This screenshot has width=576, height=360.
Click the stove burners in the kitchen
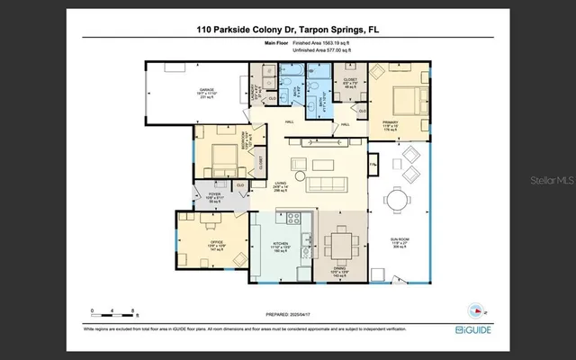293,217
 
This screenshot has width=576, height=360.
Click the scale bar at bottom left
112,313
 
